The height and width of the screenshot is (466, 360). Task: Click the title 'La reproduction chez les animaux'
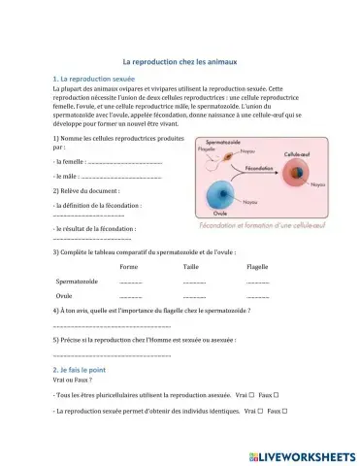click(x=180, y=59)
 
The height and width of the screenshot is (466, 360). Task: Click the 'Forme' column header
click(x=128, y=265)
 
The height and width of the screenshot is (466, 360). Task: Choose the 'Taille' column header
click(x=190, y=265)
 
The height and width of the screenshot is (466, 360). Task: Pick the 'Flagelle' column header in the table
click(x=257, y=265)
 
